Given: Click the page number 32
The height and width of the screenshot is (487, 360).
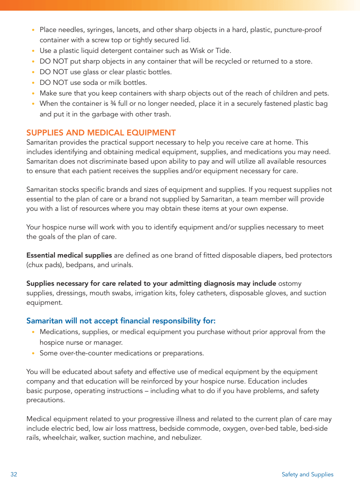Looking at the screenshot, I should coord(14,474).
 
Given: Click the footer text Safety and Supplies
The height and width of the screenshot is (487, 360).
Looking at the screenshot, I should coord(307,474).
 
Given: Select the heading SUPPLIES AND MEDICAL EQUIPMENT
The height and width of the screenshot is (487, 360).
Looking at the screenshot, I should coord(101,133).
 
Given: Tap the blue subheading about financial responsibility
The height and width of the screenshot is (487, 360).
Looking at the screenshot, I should coord(121,321).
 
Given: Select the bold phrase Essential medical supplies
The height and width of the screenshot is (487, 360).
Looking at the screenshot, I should coord(69,255).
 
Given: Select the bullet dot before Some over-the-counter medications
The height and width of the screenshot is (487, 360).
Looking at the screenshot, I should coord(33,353).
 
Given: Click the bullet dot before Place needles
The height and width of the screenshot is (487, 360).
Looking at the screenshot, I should coord(33,30).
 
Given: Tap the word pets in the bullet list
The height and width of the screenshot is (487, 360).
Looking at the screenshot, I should coord(322,93).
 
